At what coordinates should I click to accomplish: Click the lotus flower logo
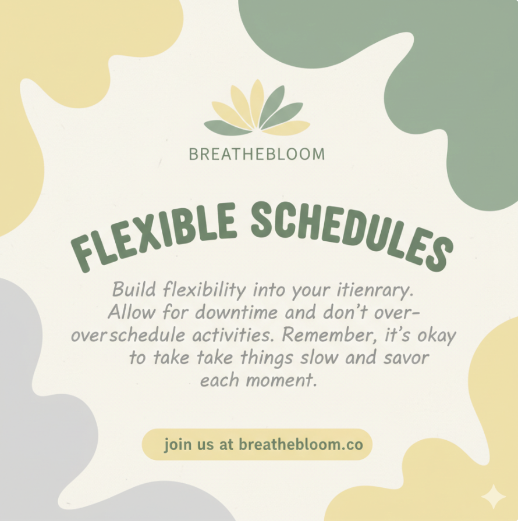(x=257, y=109)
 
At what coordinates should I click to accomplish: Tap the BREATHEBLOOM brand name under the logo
(x=257, y=154)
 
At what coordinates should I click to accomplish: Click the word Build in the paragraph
(x=134, y=290)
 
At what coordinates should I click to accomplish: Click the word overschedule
(x=128, y=336)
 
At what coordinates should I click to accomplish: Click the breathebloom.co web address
(x=300, y=444)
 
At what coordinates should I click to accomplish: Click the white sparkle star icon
(x=494, y=497)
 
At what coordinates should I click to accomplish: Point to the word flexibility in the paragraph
(x=204, y=290)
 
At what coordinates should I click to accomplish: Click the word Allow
(x=132, y=312)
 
